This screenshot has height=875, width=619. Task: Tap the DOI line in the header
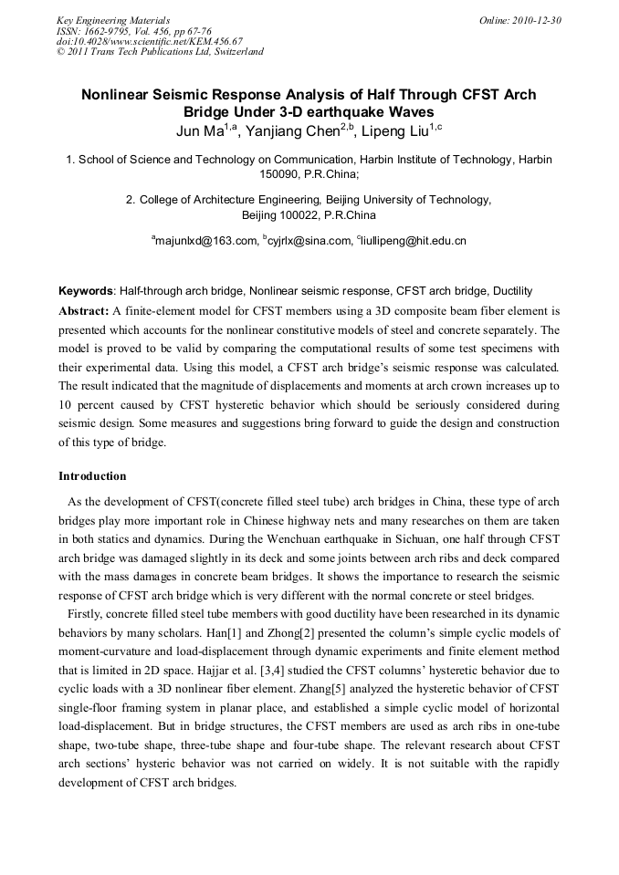pyautogui.click(x=150, y=41)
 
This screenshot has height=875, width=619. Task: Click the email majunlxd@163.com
pyautogui.click(x=205, y=242)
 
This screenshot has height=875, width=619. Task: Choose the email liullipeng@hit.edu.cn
pyautogui.click(x=414, y=242)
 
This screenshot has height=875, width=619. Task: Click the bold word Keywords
pyautogui.click(x=86, y=292)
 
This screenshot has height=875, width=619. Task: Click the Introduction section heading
pyautogui.click(x=92, y=476)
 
